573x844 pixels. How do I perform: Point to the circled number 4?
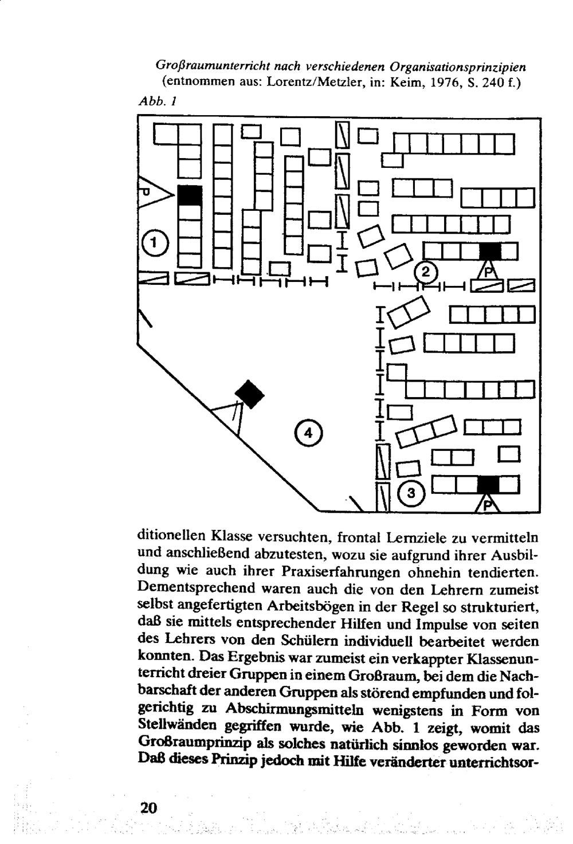pyautogui.click(x=308, y=433)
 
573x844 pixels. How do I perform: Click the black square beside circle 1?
pyautogui.click(x=190, y=195)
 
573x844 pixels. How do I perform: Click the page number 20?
pyautogui.click(x=148, y=808)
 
